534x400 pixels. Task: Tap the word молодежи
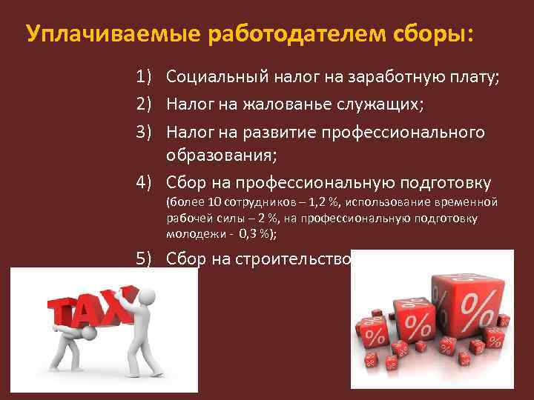[x=191, y=232]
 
